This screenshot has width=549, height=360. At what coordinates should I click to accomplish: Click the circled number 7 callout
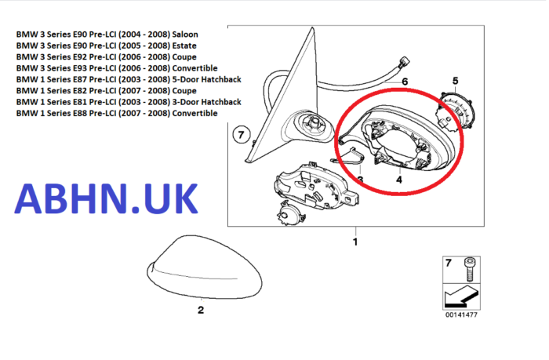click(x=241, y=135)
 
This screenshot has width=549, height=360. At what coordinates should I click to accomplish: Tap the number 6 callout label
click(x=405, y=82)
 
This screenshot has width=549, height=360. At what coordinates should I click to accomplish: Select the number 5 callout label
click(x=455, y=81)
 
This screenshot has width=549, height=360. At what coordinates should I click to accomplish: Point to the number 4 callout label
click(x=399, y=180)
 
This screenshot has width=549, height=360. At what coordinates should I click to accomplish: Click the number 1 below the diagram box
click(x=355, y=242)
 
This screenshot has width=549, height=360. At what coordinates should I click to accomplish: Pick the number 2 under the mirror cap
click(x=201, y=310)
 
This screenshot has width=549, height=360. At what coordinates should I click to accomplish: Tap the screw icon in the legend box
click(x=470, y=270)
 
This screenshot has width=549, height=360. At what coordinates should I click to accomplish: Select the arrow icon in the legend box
click(x=461, y=296)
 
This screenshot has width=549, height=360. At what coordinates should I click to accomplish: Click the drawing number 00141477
click(x=461, y=315)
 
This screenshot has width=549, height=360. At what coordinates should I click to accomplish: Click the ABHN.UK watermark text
click(x=106, y=198)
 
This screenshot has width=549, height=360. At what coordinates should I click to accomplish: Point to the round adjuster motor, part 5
click(x=454, y=112)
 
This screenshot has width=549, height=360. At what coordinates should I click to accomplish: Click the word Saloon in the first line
click(x=185, y=35)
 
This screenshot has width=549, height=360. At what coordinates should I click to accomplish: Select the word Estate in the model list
click(x=184, y=45)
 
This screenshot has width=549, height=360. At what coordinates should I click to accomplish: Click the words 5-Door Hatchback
click(x=206, y=79)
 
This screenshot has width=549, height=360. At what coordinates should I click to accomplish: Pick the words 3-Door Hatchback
click(x=206, y=102)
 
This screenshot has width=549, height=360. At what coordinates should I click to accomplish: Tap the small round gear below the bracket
click(x=291, y=213)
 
